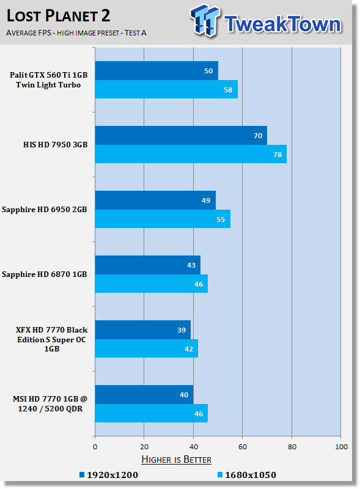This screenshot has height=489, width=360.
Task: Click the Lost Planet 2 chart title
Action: click(x=58, y=16)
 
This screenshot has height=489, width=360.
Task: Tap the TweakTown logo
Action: click(x=266, y=21)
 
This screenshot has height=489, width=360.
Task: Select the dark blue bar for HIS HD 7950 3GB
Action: click(x=181, y=135)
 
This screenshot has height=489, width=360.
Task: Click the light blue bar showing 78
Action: click(x=191, y=154)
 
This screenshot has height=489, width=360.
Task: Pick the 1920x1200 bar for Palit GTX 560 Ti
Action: click(x=156, y=70)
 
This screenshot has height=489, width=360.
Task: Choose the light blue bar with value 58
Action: click(x=166, y=89)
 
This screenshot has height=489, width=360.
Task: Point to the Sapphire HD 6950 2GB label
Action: click(x=44, y=210)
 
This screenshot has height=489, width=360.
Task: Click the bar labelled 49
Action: click(x=155, y=200)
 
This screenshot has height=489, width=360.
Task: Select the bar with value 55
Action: click(x=163, y=219)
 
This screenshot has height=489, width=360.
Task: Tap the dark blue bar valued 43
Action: click(x=148, y=265)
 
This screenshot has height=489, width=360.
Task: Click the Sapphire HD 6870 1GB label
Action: click(x=44, y=274)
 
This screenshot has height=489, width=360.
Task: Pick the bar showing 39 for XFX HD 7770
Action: click(x=143, y=329)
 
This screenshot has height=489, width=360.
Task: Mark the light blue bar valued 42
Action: click(x=147, y=348)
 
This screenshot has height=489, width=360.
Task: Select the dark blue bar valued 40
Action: click(x=144, y=394)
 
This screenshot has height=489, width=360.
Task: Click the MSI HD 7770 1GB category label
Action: click(x=50, y=404)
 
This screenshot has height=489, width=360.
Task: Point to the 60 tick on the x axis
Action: click(x=243, y=447)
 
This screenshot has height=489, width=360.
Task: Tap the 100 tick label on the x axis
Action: click(x=341, y=447)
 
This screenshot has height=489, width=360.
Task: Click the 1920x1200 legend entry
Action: click(x=109, y=475)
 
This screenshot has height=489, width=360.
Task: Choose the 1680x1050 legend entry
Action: click(x=247, y=475)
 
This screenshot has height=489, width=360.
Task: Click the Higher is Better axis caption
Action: click(x=176, y=460)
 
